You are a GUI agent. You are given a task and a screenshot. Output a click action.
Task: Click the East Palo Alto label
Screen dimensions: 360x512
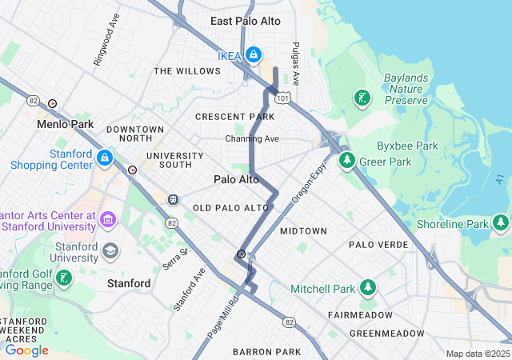246,21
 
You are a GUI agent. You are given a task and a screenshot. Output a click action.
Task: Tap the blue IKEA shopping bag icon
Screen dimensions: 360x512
253,54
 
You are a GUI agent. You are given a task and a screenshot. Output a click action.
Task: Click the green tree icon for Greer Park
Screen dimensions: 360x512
347,161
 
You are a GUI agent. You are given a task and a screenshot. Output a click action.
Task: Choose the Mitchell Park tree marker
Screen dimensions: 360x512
367,287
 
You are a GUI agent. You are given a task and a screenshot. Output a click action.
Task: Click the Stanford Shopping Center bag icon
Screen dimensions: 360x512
105,158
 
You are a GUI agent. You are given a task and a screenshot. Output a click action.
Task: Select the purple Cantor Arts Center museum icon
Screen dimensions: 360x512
109,219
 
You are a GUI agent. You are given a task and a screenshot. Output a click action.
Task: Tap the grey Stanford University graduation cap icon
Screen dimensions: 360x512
110,253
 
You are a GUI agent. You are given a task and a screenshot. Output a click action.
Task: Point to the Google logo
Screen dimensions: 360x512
26,350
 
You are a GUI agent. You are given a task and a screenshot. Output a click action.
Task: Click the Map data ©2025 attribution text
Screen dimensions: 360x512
477,354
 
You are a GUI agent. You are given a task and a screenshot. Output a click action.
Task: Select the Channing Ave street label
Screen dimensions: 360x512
252,138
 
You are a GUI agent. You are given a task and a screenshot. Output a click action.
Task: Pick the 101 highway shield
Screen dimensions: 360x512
282,98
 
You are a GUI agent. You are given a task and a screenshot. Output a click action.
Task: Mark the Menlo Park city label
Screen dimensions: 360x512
66,125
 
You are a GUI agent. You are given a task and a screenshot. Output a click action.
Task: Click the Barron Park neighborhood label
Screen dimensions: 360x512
266,352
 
